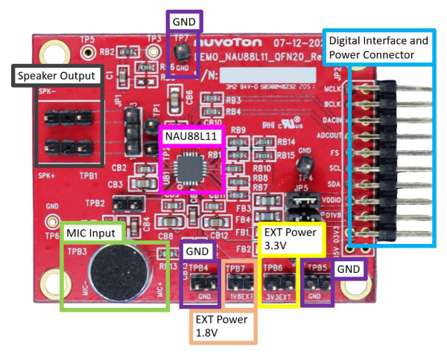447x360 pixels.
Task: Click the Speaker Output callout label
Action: tap(56, 74)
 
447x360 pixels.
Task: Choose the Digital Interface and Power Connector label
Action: tap(378, 46)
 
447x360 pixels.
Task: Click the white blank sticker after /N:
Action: tap(264, 76)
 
